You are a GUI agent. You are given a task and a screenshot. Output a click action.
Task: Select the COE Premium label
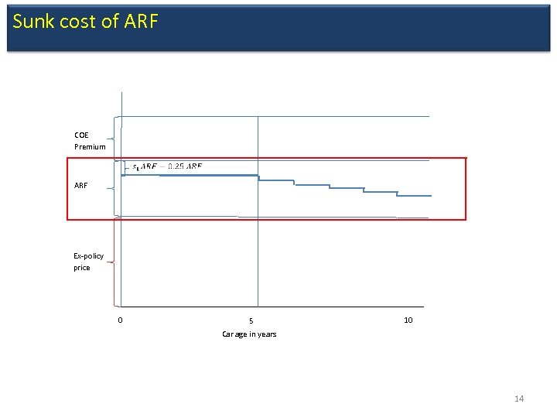point(90,140)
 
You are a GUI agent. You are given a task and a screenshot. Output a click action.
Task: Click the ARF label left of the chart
point(81,186)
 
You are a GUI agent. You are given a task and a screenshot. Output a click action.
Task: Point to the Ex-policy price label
point(88,262)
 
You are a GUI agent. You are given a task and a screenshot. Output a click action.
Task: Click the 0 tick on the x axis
point(120,320)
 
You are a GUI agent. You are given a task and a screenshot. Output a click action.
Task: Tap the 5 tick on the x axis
point(251,321)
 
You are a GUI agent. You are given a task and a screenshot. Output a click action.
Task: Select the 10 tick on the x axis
point(408,320)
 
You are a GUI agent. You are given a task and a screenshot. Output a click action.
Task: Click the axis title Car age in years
point(249,334)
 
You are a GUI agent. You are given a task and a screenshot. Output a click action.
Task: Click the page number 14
point(518,399)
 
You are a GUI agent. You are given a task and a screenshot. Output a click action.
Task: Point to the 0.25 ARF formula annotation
point(168,166)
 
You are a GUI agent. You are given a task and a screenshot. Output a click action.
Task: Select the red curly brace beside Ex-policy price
point(113,262)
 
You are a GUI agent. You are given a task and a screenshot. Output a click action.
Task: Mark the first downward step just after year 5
point(275,180)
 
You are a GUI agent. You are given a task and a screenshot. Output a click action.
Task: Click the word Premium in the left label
point(90,146)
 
